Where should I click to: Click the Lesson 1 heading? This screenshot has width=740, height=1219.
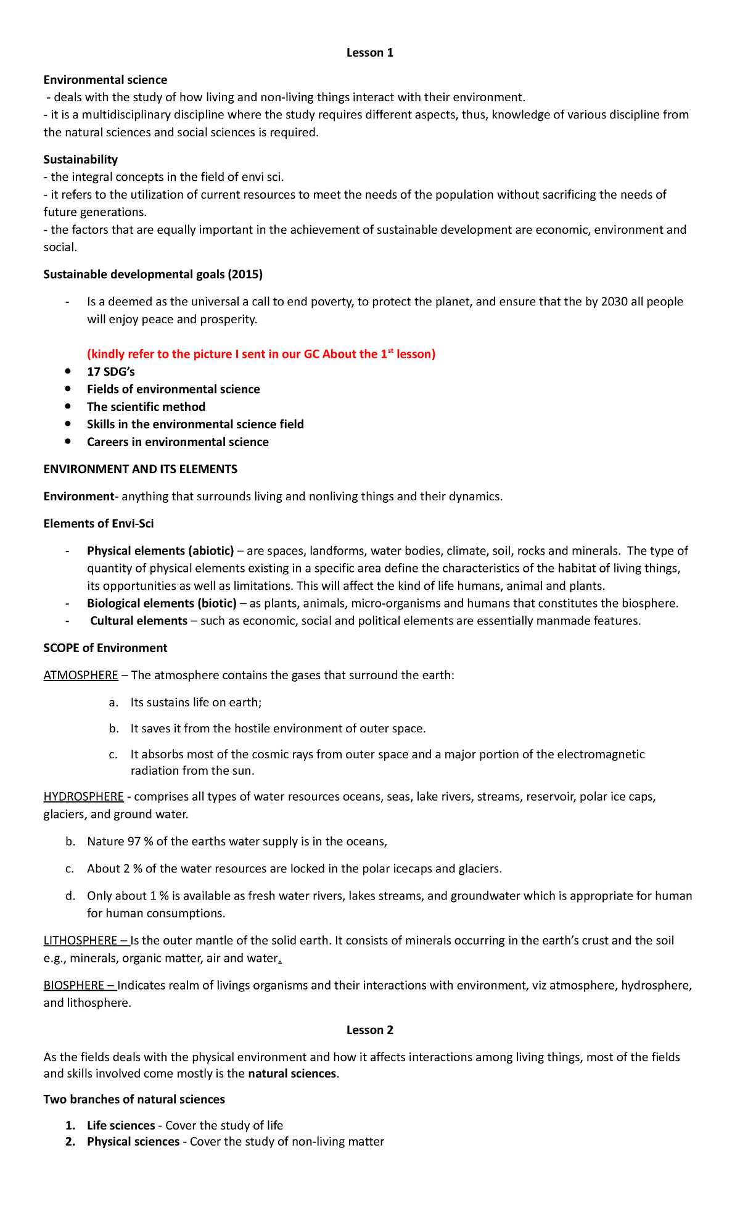point(369,52)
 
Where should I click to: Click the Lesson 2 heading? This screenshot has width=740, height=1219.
point(369,1030)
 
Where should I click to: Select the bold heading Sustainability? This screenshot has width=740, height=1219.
point(80,159)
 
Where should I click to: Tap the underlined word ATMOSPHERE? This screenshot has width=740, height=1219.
point(81,675)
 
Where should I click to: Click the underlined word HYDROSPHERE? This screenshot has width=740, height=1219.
point(83,796)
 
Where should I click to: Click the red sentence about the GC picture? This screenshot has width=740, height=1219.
point(261,354)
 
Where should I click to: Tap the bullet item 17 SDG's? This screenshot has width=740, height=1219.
point(110,371)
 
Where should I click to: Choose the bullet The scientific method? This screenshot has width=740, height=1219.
point(146,407)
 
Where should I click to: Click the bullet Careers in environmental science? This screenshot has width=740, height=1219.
point(178,442)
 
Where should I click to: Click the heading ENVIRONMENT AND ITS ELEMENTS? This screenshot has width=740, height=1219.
point(140,469)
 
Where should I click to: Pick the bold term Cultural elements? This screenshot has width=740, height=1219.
point(139,621)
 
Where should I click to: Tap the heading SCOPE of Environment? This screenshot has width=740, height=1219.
point(105,648)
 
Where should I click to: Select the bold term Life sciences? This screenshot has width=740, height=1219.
point(121,1125)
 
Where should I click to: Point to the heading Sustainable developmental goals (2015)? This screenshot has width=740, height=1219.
point(153,274)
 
